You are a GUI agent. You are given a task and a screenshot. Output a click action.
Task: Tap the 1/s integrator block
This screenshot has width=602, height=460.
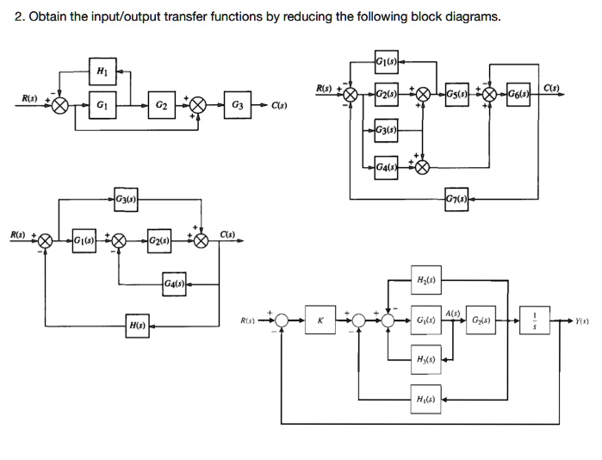click(x=536, y=320)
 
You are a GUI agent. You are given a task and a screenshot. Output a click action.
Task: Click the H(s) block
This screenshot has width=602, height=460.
click(x=136, y=326)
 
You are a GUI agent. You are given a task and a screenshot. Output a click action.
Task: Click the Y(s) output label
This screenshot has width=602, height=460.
click(x=586, y=320)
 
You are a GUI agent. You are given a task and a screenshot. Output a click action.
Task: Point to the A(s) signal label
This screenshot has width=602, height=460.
click(x=454, y=312)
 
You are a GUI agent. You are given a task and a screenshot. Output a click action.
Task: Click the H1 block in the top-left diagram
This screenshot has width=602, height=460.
click(x=102, y=71)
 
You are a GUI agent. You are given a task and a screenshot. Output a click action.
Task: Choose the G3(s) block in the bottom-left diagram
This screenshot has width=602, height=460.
click(x=126, y=200)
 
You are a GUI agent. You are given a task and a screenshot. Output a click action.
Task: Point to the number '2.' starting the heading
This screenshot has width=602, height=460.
click(x=20, y=17)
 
